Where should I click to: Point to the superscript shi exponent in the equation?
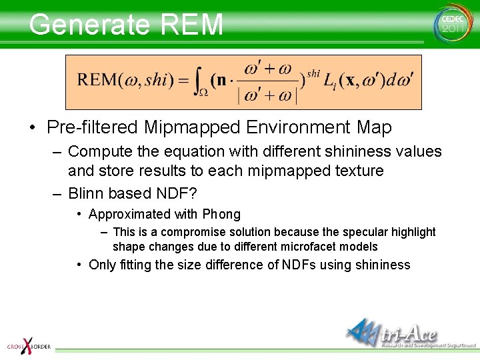coord(313,72)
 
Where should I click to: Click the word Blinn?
coord(86,194)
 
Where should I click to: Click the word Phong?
coord(221,215)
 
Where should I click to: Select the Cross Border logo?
coord(28,343)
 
